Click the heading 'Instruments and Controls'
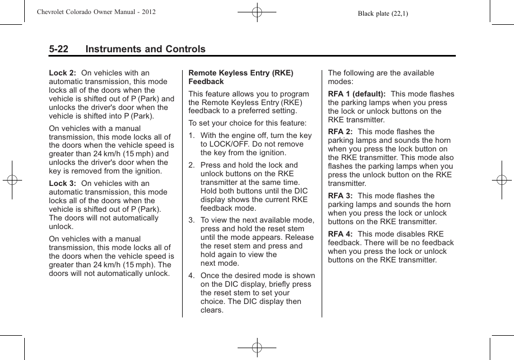tap(145, 49)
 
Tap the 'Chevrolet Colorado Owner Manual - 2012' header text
tap(96, 12)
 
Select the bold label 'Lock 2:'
tap(62, 73)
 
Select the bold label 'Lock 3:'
tap(62, 183)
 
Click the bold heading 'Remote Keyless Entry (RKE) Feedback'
tap(241, 77)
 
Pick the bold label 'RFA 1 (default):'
tap(357, 94)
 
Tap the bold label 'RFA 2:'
tap(340, 131)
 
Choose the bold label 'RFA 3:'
tap(340, 196)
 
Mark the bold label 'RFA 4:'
tap(340, 234)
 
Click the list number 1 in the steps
tap(191, 136)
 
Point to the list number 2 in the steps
tap(191, 165)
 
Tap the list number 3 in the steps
tap(191, 220)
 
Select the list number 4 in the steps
tap(191, 275)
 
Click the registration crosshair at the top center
tap(257, 11)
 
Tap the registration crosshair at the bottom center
tap(257, 348)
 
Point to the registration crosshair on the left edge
tap(11, 180)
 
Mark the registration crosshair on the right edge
tap(502, 180)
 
